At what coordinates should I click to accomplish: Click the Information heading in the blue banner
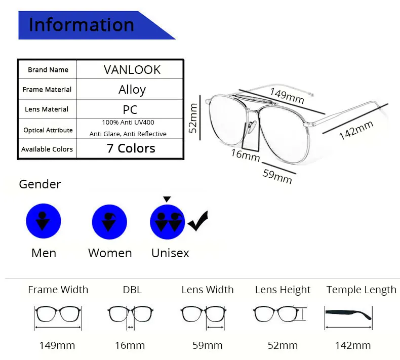[x=81, y=24]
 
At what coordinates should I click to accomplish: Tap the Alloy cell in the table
[x=132, y=90]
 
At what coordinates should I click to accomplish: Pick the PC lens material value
[x=130, y=109]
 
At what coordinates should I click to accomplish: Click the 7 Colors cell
[x=131, y=148]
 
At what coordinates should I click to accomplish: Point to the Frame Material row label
[x=47, y=90]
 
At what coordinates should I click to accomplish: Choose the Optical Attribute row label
[x=48, y=130]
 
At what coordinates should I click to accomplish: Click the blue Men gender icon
[x=44, y=221]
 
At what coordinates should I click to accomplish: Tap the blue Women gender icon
[x=109, y=222]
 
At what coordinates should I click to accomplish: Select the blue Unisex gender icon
[x=168, y=222]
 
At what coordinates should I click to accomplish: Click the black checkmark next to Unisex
[x=198, y=221]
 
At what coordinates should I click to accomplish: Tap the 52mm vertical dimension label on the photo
[x=193, y=117]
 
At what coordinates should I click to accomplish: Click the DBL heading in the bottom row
[x=132, y=290]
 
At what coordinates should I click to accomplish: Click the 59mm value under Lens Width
[x=207, y=345]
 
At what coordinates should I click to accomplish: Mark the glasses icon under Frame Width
[x=57, y=315]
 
